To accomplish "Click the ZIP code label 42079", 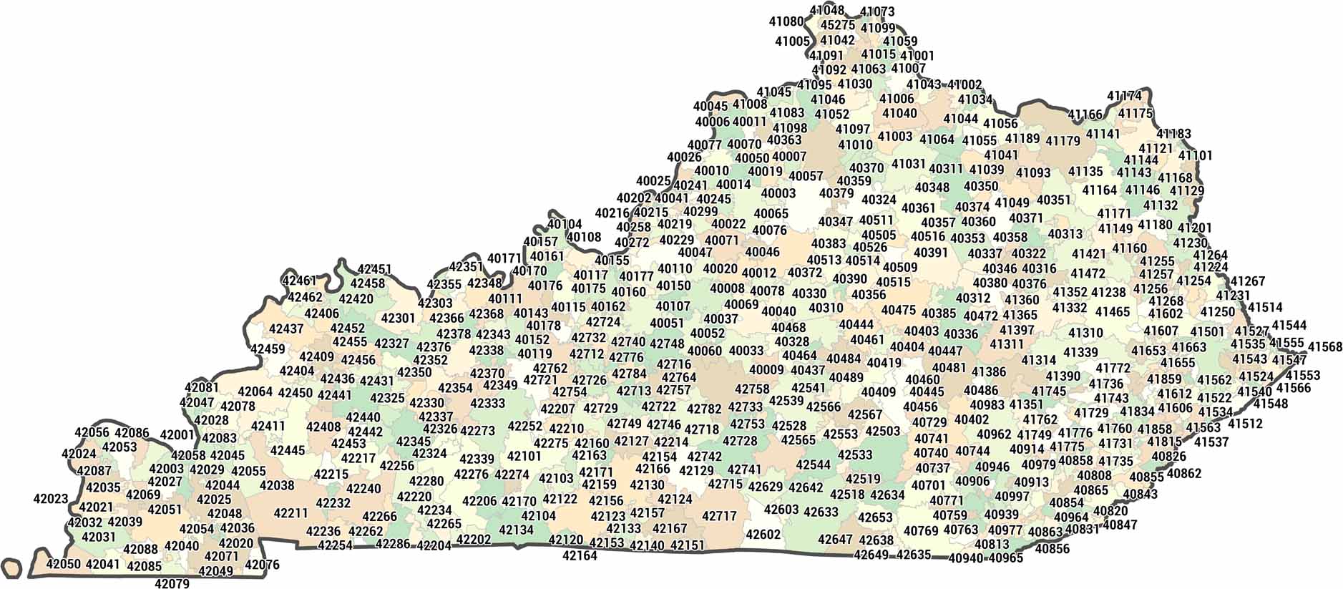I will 172,583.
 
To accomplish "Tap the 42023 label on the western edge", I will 50,499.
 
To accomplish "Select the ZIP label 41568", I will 1325,347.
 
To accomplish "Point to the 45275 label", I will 838,25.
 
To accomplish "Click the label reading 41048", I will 827,10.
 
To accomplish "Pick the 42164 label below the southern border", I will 580,555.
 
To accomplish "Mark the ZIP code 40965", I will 1006,558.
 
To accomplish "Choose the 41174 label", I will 1124,96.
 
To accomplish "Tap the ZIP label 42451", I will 374,269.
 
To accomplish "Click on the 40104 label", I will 565,224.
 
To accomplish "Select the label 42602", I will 763,535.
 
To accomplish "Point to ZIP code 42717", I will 719,516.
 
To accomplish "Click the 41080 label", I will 786,21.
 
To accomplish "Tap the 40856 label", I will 1052,549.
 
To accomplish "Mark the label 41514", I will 1265,308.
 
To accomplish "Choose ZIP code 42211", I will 290,513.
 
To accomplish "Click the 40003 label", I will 778,193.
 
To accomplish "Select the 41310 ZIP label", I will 1086,333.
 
